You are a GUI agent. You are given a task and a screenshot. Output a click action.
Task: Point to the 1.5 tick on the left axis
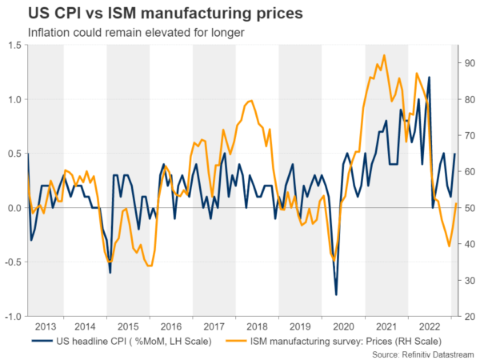(x=14, y=46)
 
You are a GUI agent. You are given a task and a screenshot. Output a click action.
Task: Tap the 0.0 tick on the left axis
(x=14, y=209)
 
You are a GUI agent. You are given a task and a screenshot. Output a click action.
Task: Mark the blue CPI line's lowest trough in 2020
(x=336, y=295)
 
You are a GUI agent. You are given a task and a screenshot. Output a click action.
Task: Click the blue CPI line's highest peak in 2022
(x=429, y=78)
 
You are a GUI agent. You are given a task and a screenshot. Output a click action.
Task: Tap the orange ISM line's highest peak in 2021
(x=384, y=55)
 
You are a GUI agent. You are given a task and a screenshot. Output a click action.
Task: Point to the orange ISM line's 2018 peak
(x=250, y=101)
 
